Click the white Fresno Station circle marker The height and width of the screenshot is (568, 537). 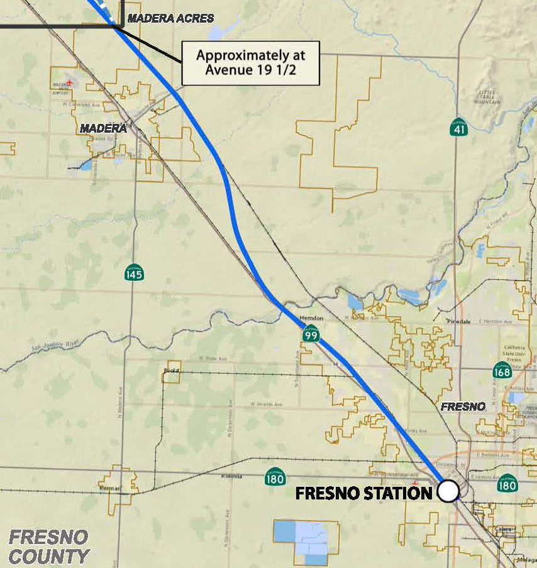(448, 491)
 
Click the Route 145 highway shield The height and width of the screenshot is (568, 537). (134, 272)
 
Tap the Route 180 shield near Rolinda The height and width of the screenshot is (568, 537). (274, 477)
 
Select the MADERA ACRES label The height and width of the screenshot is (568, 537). (170, 19)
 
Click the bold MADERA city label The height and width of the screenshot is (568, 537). (103, 128)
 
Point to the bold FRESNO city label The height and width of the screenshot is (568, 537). (463, 407)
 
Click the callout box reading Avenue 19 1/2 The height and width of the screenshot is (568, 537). (250, 63)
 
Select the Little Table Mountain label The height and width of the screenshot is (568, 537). (489, 97)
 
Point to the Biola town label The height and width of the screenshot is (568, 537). (171, 370)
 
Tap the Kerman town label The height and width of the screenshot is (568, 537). (109, 487)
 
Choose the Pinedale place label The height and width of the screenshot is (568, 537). (458, 321)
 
